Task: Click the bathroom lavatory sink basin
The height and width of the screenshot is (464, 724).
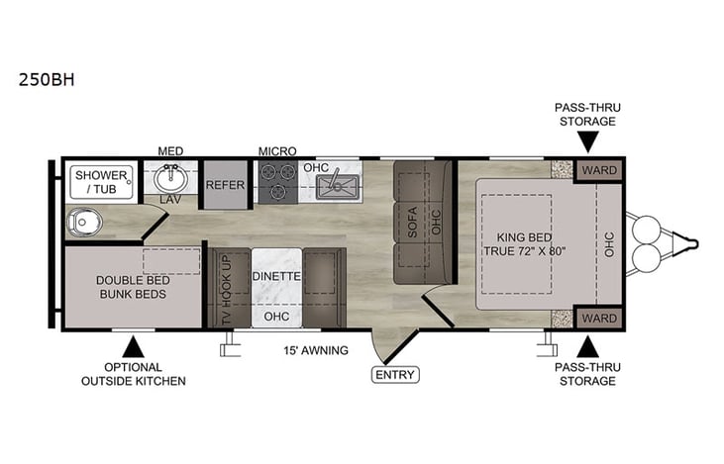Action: pyautogui.click(x=170, y=181)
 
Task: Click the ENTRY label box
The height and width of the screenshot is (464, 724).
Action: pyautogui.click(x=395, y=375)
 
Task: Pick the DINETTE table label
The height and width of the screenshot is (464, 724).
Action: pyautogui.click(x=276, y=275)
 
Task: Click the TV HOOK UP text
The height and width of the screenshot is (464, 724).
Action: pyautogui.click(x=225, y=289)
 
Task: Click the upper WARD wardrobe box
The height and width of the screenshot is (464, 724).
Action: pyautogui.click(x=599, y=169)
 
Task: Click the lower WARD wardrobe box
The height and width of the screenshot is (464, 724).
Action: pyautogui.click(x=599, y=318)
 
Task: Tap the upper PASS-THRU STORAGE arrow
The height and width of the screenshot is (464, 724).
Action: pyautogui.click(x=587, y=142)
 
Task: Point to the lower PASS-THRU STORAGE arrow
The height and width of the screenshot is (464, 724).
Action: pyautogui.click(x=587, y=347)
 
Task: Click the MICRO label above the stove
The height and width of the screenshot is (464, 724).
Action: pyautogui.click(x=278, y=150)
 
